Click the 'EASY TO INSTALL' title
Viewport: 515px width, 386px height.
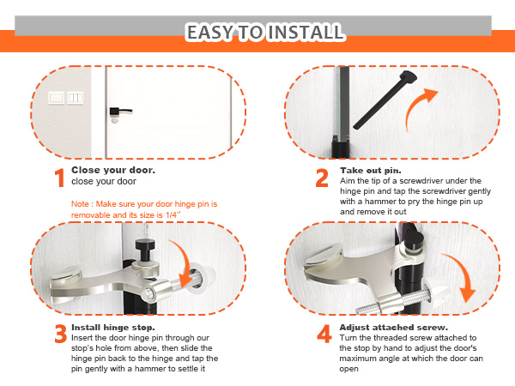[265, 33]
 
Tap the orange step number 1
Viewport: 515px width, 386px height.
[60, 178]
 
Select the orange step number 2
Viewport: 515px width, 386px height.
[322, 178]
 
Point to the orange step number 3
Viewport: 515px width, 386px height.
[61, 334]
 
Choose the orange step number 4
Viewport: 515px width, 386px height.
[324, 334]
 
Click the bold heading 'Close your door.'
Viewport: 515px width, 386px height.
[113, 170]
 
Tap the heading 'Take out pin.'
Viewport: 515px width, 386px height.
[371, 171]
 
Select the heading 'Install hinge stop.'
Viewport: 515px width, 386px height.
[113, 328]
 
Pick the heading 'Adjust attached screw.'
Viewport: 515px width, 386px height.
[393, 328]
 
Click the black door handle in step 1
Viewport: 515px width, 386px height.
[120, 112]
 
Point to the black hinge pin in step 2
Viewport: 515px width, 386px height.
[385, 100]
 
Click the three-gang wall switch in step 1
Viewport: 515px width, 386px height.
[76, 98]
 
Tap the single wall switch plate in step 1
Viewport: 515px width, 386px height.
[56, 98]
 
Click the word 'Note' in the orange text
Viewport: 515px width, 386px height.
[80, 204]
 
